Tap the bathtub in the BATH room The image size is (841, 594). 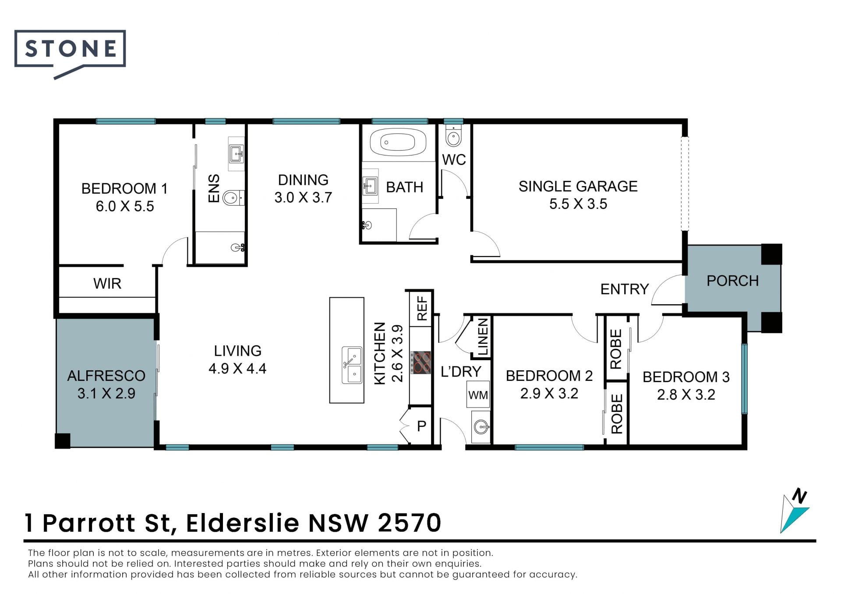pos(398,142)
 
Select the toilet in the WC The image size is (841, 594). pos(453,136)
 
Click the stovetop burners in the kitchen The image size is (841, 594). pos(421,362)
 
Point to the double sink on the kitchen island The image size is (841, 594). pos(352,365)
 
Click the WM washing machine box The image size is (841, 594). pos(478,395)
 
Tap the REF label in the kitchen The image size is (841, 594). pos(422,308)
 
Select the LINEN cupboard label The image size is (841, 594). pos(482,337)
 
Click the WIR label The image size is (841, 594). pos(107,284)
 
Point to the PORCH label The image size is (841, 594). pos(732,281)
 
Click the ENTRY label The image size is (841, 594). pos(624,289)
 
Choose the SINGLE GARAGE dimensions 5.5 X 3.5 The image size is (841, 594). pos(578,204)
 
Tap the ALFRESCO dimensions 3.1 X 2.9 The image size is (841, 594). pos(106,394)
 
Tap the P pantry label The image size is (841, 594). pos(421,426)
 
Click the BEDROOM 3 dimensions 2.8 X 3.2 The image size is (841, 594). pos(686,395)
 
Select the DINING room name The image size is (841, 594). pos(303,180)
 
